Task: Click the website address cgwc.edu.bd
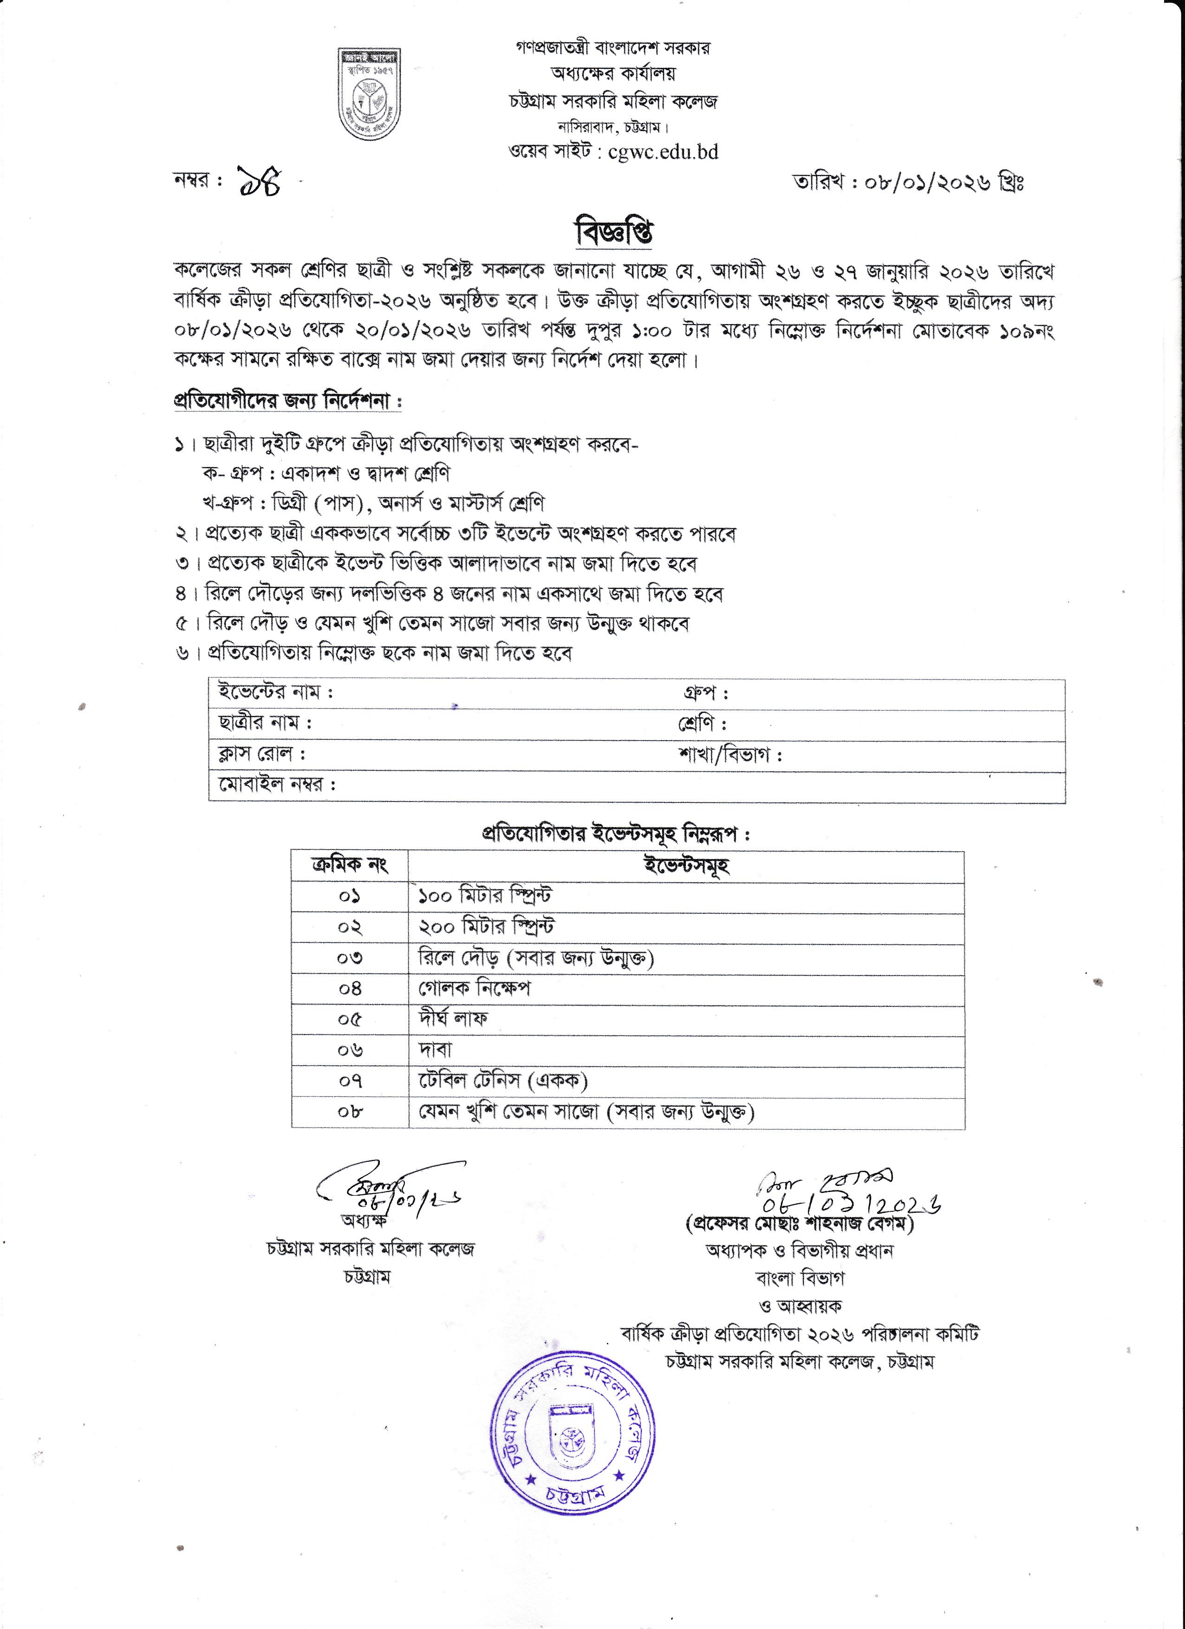click(663, 152)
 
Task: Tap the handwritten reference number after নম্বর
click(259, 182)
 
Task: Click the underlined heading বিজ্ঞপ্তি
click(614, 232)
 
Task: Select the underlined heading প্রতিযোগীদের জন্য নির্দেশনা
click(287, 400)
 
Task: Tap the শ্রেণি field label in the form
click(702, 723)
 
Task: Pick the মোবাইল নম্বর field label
click(277, 784)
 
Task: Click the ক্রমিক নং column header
click(350, 866)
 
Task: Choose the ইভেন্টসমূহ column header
click(686, 866)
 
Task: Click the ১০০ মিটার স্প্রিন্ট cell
click(486, 896)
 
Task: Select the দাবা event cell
click(435, 1050)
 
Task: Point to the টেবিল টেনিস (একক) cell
click(503, 1081)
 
